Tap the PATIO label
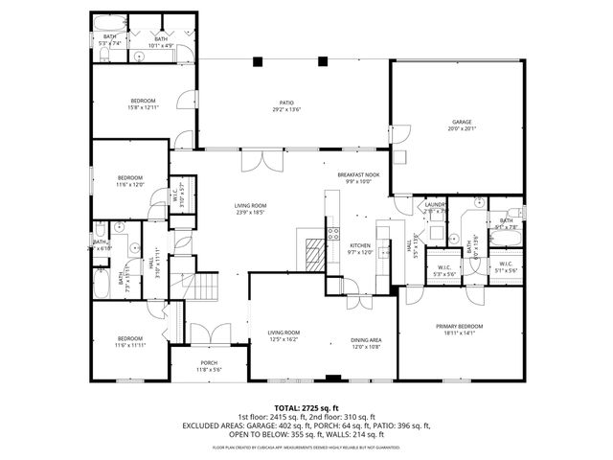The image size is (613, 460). pyautogui.click(x=286, y=105)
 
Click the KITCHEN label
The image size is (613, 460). pyautogui.click(x=359, y=248)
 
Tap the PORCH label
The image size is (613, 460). pyautogui.click(x=209, y=365)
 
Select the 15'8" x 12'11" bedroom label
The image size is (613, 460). pyautogui.click(x=143, y=104)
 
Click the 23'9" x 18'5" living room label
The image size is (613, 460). pyautogui.click(x=251, y=209)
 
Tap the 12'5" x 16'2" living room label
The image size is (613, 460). pyautogui.click(x=284, y=335)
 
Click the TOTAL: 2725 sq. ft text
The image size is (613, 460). pyautogui.click(x=306, y=408)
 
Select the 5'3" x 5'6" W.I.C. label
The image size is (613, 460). pyautogui.click(x=444, y=271)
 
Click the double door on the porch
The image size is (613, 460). pyautogui.click(x=208, y=334)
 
